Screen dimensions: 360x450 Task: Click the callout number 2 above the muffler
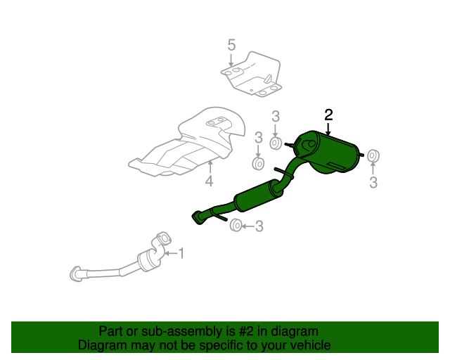coord(328,115)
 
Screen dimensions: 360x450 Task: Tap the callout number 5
coord(231,46)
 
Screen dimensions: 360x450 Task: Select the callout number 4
coord(209,183)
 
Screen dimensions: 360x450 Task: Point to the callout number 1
coord(180,252)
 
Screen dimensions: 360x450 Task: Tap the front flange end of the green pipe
coord(197,219)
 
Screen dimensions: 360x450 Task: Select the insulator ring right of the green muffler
coord(373,155)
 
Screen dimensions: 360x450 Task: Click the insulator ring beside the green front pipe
coord(237,225)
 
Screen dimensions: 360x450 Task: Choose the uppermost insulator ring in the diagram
coord(276,143)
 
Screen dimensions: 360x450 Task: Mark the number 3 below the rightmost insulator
coord(373,184)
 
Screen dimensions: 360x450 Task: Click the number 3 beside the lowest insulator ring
coord(259,226)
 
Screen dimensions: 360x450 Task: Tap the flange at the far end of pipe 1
coord(76,273)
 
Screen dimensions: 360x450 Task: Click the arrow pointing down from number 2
coord(328,129)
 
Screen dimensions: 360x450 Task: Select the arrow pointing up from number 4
coord(209,167)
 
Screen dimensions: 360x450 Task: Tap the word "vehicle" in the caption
coord(309,345)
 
